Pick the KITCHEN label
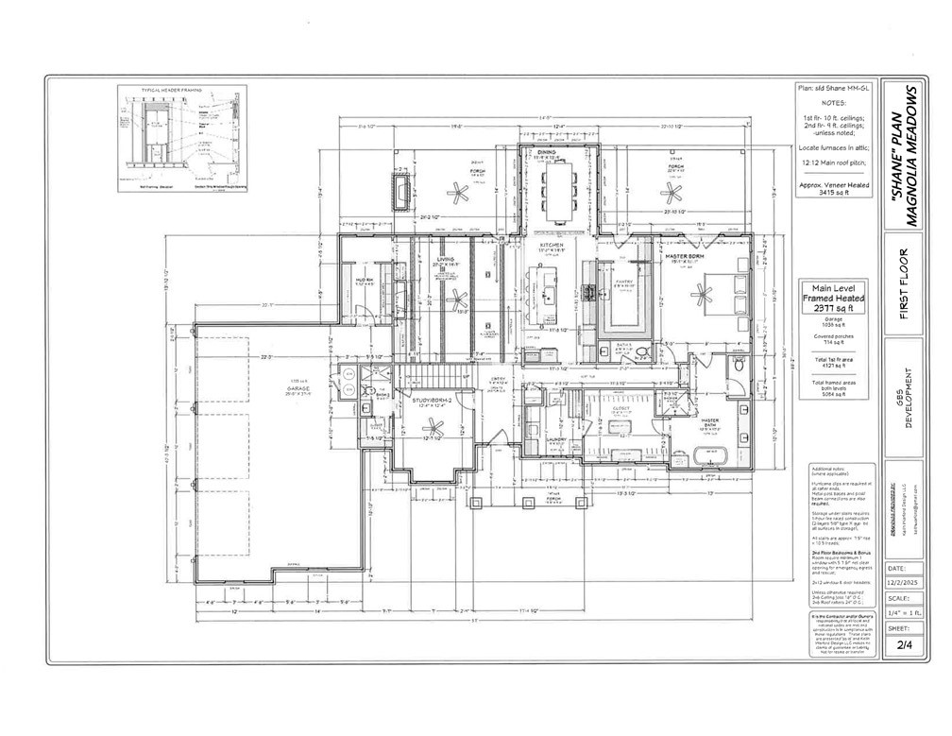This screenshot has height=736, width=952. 552,244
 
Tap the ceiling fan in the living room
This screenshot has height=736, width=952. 457,301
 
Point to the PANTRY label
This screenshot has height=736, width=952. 625,281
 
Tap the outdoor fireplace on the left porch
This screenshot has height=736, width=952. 403,196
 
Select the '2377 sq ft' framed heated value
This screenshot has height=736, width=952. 826,308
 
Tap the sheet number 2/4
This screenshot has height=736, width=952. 903,644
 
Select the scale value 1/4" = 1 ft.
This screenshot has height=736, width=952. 903,613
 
